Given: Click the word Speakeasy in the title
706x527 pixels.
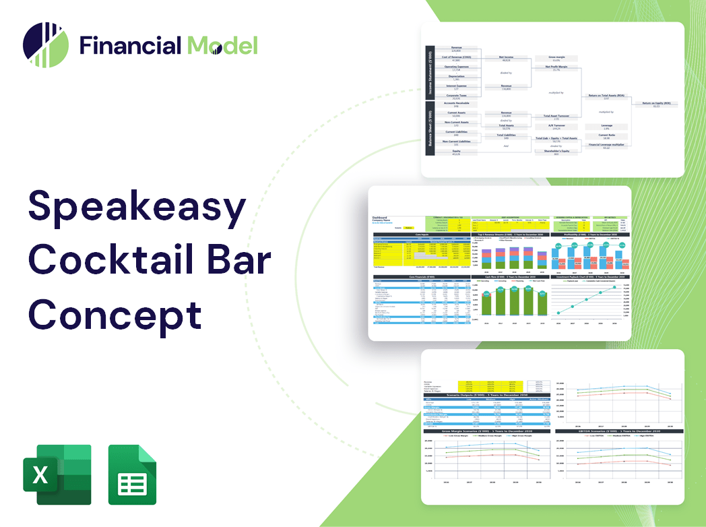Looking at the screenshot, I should (x=137, y=208).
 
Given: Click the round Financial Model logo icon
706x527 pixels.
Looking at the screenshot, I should (x=46, y=44).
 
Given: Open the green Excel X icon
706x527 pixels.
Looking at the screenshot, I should (x=57, y=474).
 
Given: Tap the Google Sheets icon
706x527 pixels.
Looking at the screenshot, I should (x=132, y=474).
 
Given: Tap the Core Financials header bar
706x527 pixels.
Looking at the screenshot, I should (x=422, y=277).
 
